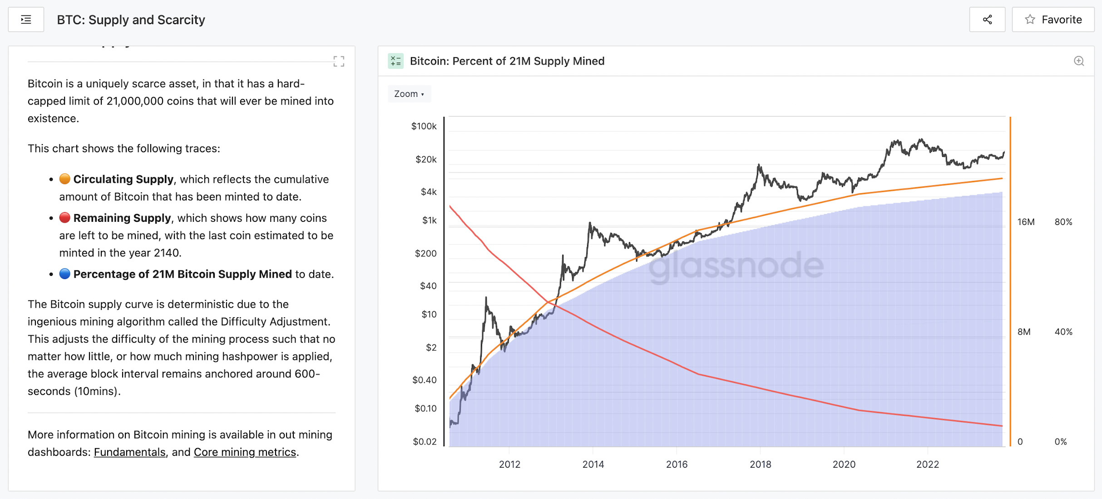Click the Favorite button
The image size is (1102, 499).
pyautogui.click(x=1053, y=20)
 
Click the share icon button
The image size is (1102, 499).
pyautogui.click(x=987, y=20)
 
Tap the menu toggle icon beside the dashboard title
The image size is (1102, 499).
pyautogui.click(x=26, y=20)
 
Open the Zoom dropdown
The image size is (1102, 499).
pyautogui.click(x=409, y=94)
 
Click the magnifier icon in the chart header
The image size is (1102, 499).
pyautogui.click(x=1079, y=61)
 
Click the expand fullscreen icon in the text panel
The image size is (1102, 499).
pyautogui.click(x=339, y=61)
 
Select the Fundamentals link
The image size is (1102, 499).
pyautogui.click(x=129, y=452)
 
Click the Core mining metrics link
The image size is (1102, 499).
pyautogui.click(x=245, y=452)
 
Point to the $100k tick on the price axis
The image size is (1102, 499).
pyautogui.click(x=424, y=126)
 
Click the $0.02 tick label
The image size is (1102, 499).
pyautogui.click(x=425, y=441)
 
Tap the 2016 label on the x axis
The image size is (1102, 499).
pyautogui.click(x=677, y=464)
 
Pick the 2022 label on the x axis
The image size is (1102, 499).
pyautogui.click(x=927, y=464)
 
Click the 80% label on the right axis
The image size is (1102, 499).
pyautogui.click(x=1063, y=222)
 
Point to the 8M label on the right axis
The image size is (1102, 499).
pyautogui.click(x=1024, y=332)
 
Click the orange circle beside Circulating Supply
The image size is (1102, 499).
pyautogui.click(x=64, y=179)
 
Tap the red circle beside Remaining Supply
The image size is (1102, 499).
pyautogui.click(x=64, y=218)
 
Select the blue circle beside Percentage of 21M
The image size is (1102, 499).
pyautogui.click(x=64, y=274)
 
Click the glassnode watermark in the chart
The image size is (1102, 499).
pyautogui.click(x=736, y=265)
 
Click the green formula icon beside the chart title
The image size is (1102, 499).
pyautogui.click(x=395, y=61)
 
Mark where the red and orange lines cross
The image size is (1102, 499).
pyautogui.click(x=549, y=302)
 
